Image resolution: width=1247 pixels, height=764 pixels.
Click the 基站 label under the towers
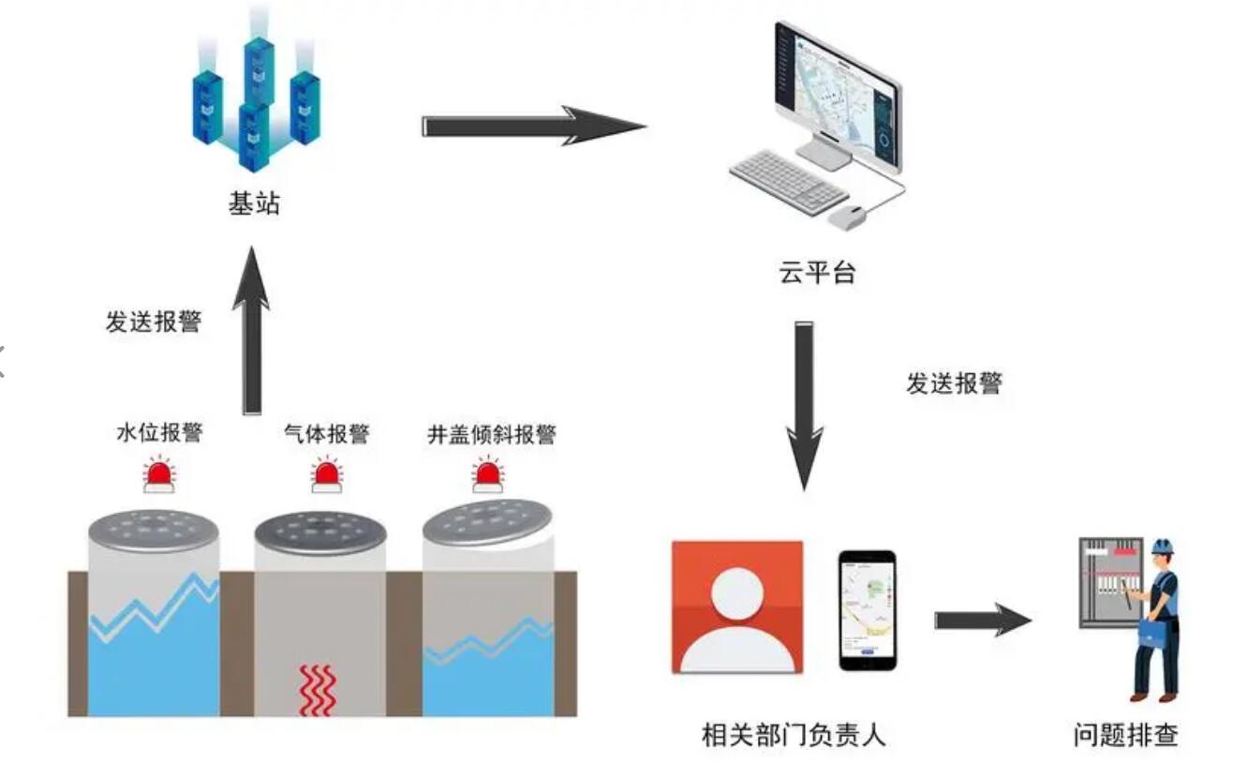[254, 203]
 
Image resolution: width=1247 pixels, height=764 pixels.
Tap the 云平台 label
[817, 273]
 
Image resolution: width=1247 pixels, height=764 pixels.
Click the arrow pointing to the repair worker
[982, 620]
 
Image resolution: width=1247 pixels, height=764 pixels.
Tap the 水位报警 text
[159, 433]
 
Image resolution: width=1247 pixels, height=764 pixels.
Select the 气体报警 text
[326, 434]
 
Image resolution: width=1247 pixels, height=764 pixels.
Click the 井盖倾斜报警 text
[491, 434]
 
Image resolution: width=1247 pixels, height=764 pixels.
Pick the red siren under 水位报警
[159, 475]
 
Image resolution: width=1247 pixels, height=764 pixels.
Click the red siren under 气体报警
[327, 475]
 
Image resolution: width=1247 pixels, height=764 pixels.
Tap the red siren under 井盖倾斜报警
[487, 475]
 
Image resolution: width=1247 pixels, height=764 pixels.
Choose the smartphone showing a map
[867, 609]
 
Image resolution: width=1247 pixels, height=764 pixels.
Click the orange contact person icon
[737, 607]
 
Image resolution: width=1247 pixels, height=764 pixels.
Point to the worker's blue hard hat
[1163, 546]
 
